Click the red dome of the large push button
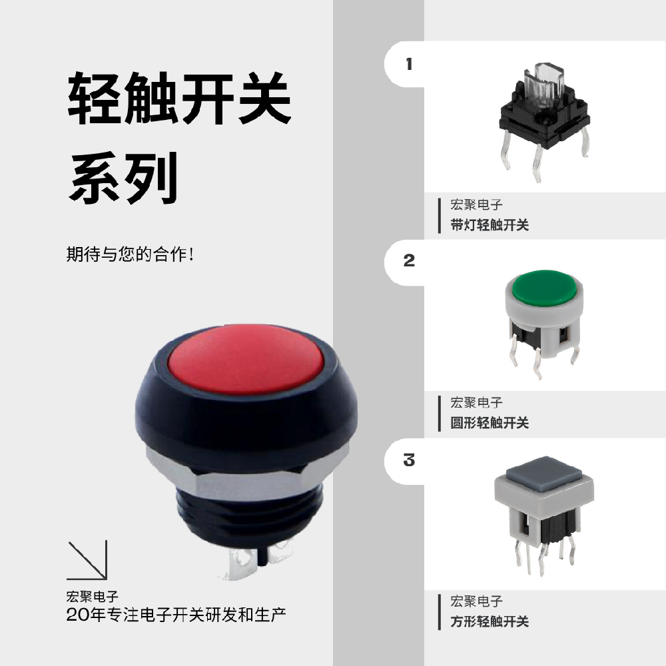pyautogui.click(x=246, y=359)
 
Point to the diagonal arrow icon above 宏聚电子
pyautogui.click(x=87, y=560)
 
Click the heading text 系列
pyautogui.click(x=124, y=178)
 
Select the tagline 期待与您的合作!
pyautogui.click(x=131, y=254)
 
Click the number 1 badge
pyautogui.click(x=409, y=64)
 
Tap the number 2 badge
pyautogui.click(x=409, y=260)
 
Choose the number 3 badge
pyautogui.click(x=409, y=460)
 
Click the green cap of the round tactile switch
pyautogui.click(x=544, y=288)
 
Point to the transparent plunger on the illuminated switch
pyautogui.click(x=544, y=83)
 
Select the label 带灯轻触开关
pyautogui.click(x=490, y=225)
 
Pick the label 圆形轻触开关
pyautogui.click(x=490, y=423)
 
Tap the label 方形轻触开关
pyautogui.click(x=490, y=622)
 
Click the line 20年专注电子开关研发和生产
pyautogui.click(x=176, y=615)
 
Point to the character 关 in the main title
pyautogui.click(x=265, y=98)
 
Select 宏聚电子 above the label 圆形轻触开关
pyautogui.click(x=476, y=403)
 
